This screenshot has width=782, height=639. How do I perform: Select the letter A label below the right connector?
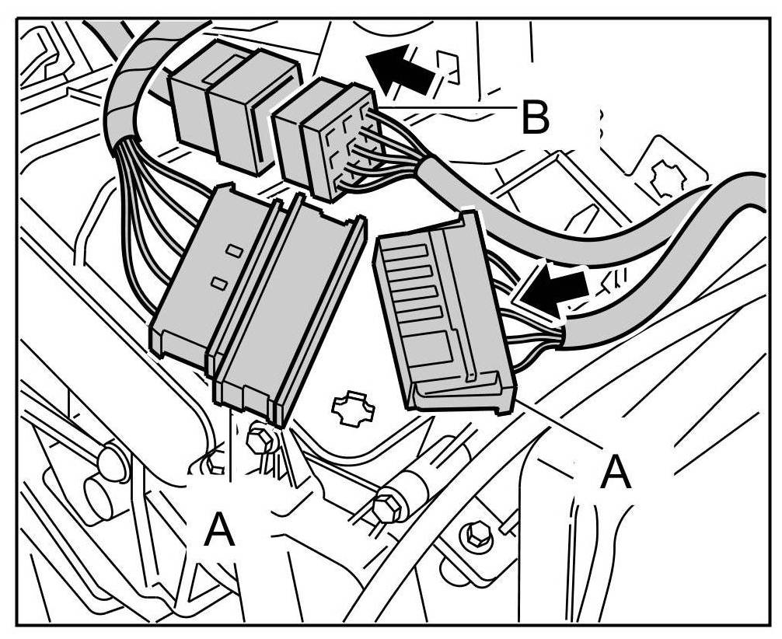pyautogui.click(x=616, y=472)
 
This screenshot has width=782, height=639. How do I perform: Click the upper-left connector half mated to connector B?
pyautogui.click(x=233, y=105)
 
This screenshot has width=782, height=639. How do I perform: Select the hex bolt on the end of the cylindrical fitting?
pyautogui.click(x=385, y=506)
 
